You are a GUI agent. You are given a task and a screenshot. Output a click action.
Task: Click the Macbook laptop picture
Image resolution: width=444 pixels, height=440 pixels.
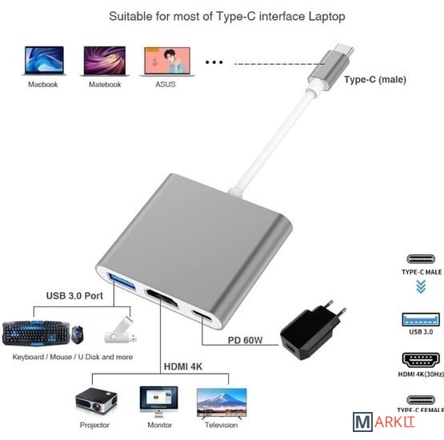[44, 61]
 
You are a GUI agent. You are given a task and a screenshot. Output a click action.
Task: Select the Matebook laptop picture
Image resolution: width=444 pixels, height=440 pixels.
[105, 61]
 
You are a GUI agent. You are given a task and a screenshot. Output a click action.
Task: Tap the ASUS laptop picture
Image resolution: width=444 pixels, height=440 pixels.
[167, 62]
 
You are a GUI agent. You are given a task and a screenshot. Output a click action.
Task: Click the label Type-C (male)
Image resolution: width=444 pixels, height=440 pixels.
[375, 79]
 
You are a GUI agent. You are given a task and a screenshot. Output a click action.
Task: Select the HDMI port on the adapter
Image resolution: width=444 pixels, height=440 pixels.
[162, 298]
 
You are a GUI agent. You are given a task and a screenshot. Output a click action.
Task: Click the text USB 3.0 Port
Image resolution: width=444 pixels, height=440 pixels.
[74, 296]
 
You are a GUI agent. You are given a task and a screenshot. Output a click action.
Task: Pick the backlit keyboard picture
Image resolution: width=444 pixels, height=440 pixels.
[36, 333]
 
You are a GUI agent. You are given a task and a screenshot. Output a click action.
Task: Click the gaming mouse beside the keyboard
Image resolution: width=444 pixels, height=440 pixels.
[78, 335]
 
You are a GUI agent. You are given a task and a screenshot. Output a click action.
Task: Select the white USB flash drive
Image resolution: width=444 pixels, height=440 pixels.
[120, 330]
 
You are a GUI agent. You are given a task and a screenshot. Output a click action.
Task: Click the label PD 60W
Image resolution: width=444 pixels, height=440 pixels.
[246, 340]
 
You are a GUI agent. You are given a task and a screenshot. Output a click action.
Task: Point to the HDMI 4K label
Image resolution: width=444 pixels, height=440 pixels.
[183, 366]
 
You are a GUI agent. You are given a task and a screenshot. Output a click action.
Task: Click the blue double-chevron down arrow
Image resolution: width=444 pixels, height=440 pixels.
[421, 287]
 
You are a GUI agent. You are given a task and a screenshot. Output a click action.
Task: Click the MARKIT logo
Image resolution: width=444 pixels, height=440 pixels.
[384, 422]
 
